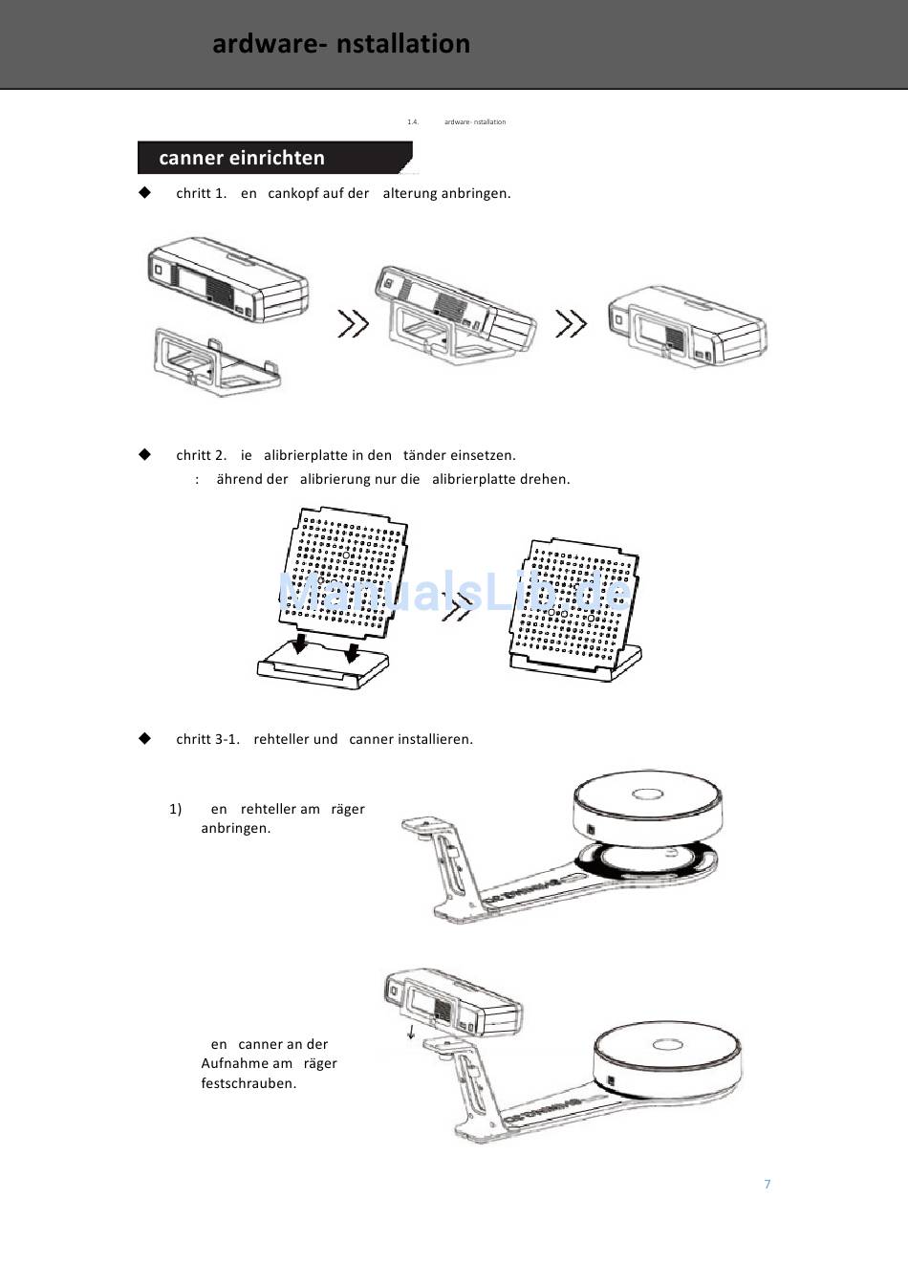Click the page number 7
tap(767, 1184)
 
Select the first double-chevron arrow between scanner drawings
tap(353, 324)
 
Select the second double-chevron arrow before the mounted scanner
tap(571, 324)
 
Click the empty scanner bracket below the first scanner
tap(216, 362)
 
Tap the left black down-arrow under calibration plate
tap(300, 644)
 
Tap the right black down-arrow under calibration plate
tap(352, 652)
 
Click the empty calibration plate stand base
tap(322, 667)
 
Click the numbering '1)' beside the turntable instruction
tap(175, 809)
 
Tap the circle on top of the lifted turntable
tap(647, 795)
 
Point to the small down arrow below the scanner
tap(411, 1032)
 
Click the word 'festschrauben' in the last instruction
tap(248, 1083)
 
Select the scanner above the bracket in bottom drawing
tap(452, 1003)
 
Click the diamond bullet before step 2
tap(145, 454)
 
